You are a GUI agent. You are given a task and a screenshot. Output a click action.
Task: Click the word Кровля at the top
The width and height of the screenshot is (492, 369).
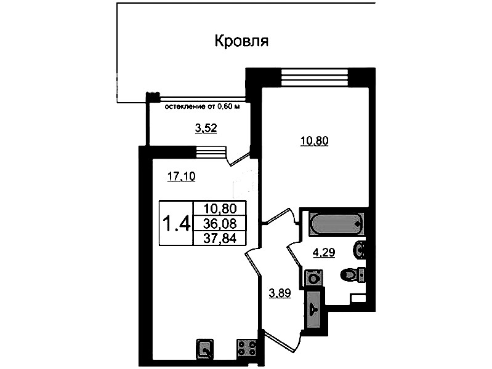click(x=241, y=41)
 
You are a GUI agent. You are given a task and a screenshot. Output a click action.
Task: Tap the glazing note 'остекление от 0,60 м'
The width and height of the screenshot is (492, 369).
click(x=202, y=106)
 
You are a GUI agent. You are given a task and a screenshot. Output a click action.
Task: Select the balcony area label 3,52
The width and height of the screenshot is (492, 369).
click(x=206, y=128)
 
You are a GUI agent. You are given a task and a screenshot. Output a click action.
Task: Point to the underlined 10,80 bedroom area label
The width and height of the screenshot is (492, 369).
click(x=315, y=141)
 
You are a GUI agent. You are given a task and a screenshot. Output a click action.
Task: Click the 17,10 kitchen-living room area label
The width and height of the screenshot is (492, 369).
click(x=182, y=177)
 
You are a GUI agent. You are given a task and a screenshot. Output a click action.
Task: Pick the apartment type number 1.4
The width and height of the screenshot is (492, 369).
click(x=175, y=223)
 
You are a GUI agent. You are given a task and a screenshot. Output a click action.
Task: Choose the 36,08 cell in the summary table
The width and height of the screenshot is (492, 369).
click(x=220, y=223)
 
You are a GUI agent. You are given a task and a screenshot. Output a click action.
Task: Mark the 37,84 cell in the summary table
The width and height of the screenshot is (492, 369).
click(x=220, y=239)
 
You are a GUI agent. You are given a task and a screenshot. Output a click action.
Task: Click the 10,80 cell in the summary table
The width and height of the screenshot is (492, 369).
click(x=220, y=208)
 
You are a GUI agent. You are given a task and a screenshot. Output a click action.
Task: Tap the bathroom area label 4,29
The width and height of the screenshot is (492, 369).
click(x=324, y=252)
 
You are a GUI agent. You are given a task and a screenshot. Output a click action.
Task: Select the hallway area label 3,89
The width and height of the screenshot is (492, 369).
click(x=280, y=293)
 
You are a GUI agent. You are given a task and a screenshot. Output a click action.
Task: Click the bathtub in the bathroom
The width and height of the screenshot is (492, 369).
click(x=337, y=224)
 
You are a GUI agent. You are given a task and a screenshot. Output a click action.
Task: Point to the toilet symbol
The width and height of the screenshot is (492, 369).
click(x=353, y=276)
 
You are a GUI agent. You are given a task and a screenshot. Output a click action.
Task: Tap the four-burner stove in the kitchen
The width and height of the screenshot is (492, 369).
click(x=247, y=348)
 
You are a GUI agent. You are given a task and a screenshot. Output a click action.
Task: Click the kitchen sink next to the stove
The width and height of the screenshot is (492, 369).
click(x=205, y=349)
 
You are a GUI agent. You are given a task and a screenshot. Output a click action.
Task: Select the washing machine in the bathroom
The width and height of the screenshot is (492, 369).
click(x=313, y=278)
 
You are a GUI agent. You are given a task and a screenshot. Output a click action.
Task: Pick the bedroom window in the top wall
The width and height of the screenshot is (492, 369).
click(x=315, y=77)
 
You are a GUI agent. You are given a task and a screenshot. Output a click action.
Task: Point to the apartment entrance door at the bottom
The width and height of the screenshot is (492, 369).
click(x=280, y=341)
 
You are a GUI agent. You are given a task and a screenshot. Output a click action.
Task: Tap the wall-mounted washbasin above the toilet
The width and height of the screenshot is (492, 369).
click(x=360, y=250)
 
